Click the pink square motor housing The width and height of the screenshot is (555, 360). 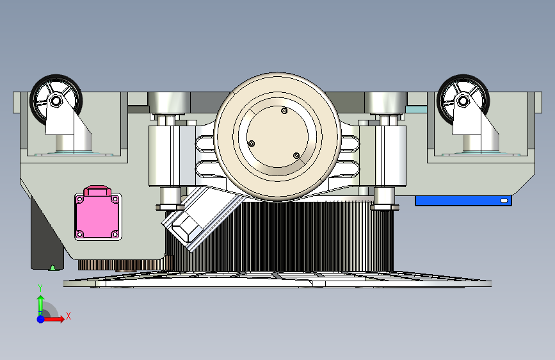point(98,216)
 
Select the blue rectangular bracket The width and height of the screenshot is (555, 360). point(463,200)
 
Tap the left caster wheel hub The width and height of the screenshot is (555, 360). point(56,101)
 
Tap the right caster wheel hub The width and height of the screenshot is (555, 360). point(463,101)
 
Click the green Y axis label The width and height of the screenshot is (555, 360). point(40,288)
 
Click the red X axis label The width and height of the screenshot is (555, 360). point(68,316)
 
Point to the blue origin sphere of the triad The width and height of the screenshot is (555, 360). point(41,319)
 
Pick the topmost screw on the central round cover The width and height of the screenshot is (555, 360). point(284,111)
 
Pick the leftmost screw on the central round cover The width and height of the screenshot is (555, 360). point(252,143)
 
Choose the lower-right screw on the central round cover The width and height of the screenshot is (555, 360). point(296,156)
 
